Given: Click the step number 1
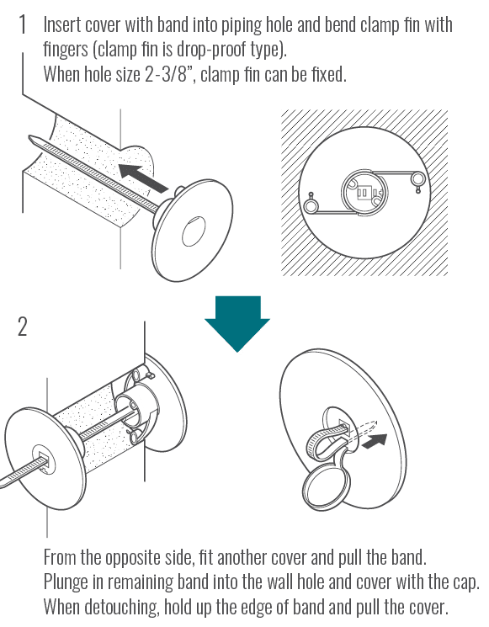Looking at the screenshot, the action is click(23, 24).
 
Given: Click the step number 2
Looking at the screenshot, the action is click(23, 327).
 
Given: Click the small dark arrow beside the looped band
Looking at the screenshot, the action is click(375, 441).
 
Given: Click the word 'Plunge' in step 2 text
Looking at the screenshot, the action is click(65, 582).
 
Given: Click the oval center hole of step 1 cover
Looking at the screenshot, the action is click(194, 231).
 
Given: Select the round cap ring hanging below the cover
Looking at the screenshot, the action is click(326, 487).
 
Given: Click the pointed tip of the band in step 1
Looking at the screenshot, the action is click(30, 138).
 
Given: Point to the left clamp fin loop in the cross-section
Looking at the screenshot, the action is click(311, 205).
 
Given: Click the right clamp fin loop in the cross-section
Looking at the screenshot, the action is click(418, 178).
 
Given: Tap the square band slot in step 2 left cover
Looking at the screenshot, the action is click(43, 460).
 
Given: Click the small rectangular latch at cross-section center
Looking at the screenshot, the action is click(363, 193).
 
